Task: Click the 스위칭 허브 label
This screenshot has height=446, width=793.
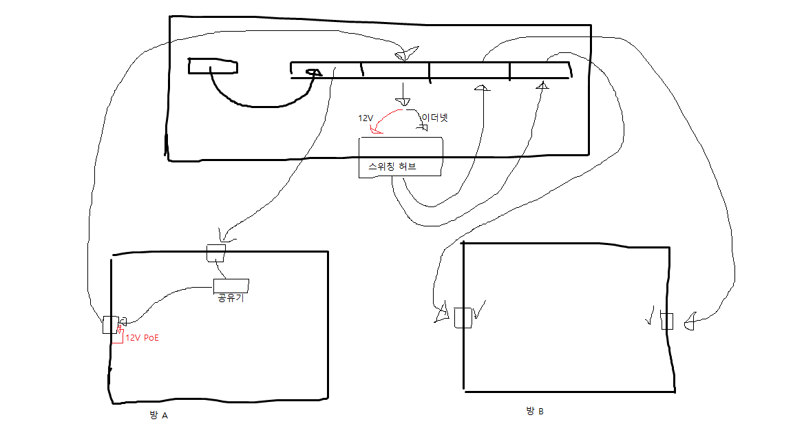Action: [392, 167]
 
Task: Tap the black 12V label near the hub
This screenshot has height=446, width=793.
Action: [366, 118]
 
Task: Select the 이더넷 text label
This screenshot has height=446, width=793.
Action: [435, 118]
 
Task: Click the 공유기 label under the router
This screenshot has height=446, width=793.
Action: [231, 298]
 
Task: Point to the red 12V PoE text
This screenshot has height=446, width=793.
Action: [142, 338]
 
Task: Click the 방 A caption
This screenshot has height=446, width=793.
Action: [158, 415]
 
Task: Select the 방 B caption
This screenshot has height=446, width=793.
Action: [535, 411]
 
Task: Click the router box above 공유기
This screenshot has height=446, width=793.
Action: [231, 285]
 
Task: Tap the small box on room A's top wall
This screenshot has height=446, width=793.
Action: [216, 253]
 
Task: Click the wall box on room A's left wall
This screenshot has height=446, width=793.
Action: [110, 325]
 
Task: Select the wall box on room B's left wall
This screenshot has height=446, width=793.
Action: [463, 317]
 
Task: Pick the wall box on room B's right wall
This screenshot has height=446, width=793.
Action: [667, 321]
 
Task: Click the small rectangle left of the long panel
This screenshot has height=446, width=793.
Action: [213, 66]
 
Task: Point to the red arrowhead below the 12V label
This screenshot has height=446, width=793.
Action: [376, 131]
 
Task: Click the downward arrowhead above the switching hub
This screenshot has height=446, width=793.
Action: [403, 101]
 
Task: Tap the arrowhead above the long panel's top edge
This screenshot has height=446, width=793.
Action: [407, 54]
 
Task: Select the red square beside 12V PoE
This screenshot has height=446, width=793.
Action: [117, 337]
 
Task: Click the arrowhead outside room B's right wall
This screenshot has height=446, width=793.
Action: [689, 321]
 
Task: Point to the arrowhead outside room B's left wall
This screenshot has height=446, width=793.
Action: [443, 312]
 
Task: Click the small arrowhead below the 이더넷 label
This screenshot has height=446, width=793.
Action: [423, 127]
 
